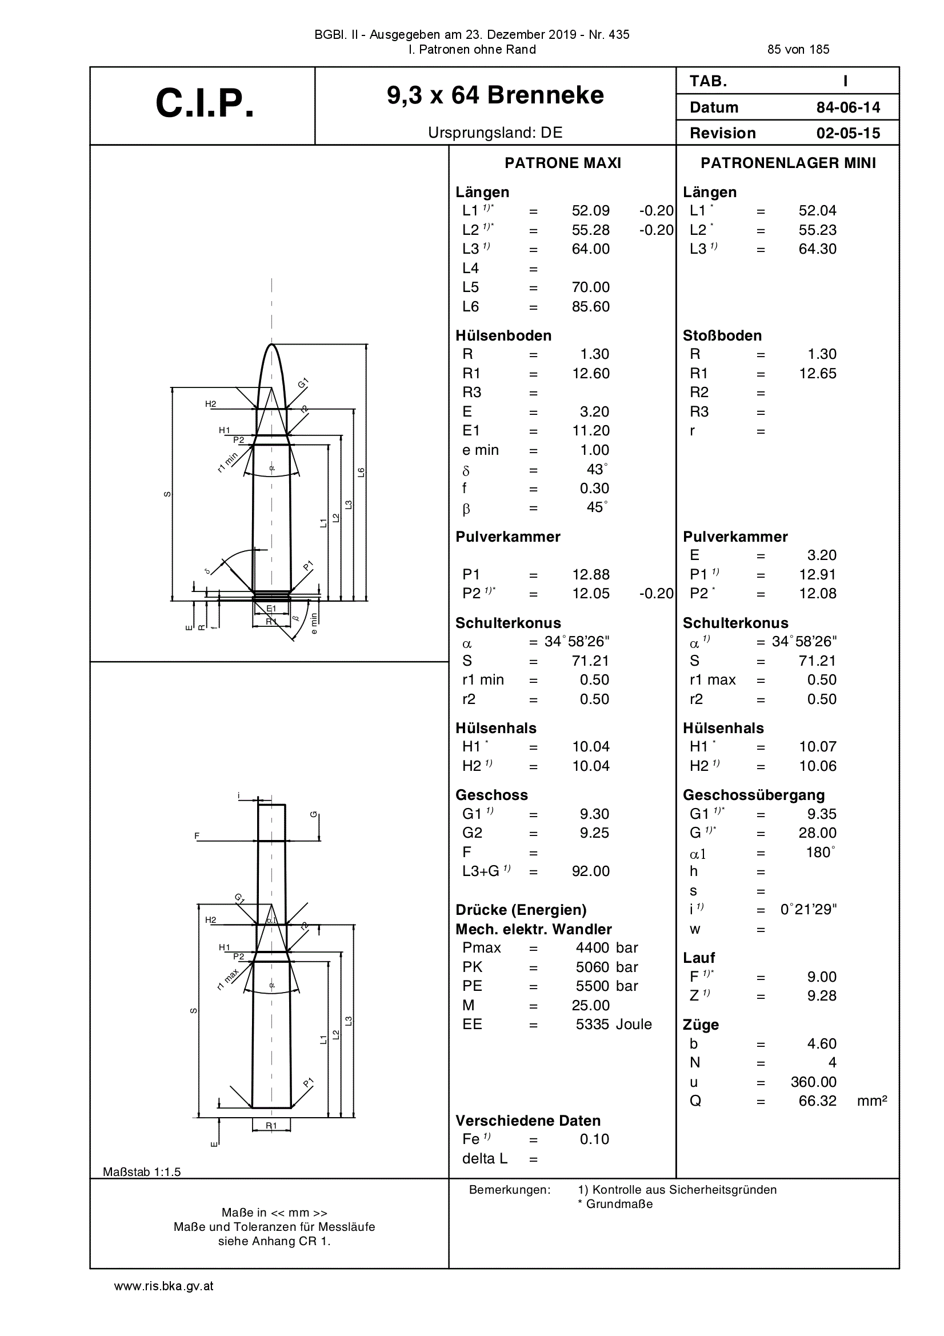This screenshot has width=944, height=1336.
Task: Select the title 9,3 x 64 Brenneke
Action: [x=495, y=95]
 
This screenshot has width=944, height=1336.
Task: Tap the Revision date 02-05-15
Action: [x=848, y=133]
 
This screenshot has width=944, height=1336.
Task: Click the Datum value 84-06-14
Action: [x=848, y=107]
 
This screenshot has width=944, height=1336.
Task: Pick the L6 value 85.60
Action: [x=591, y=307]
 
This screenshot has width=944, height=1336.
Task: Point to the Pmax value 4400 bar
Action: [x=607, y=948]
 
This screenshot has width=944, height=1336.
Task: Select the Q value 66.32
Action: [x=818, y=1101]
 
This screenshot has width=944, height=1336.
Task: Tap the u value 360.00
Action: [x=814, y=1082]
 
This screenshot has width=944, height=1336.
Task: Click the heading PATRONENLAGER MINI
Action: [x=788, y=163]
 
